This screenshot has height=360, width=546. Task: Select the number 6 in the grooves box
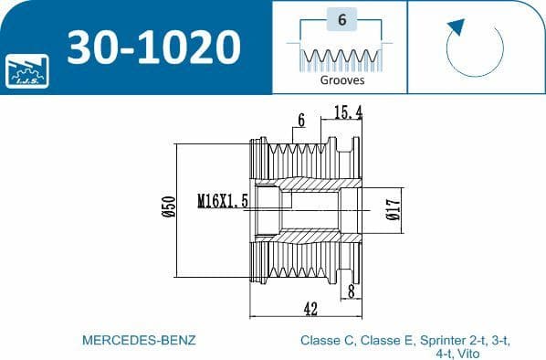coord(341,19)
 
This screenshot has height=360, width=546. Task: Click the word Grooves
coord(341,79)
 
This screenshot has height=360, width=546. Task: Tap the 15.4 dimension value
coord(349,111)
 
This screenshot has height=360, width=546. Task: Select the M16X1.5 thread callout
coord(224,200)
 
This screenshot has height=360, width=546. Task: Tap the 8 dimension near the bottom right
coord(352,291)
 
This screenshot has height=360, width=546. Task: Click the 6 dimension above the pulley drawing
coord(299,120)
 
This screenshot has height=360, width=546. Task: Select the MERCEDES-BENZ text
coord(139,340)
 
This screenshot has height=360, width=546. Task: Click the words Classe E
coord(388,340)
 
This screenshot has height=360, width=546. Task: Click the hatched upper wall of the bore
coord(310,185)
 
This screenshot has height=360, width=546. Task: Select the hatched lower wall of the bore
coord(310,239)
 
